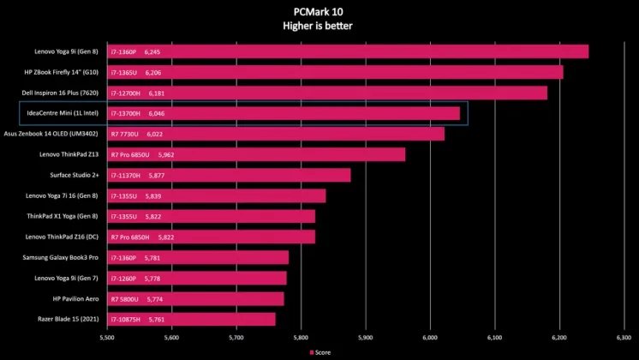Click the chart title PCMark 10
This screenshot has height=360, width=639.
pos(318,11)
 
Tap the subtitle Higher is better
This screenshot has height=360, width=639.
pos(318,26)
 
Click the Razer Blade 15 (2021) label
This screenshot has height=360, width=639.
pos(65,319)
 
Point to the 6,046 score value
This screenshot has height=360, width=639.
pos(157,113)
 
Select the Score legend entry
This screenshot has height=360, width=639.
pos(320,351)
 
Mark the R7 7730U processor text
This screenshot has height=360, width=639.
pos(125,134)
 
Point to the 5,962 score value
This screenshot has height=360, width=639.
pos(166,154)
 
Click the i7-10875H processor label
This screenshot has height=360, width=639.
pos(127,319)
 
